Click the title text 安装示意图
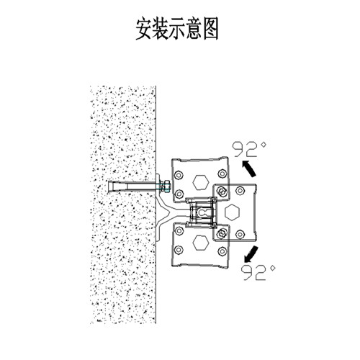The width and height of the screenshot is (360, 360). point(177,28)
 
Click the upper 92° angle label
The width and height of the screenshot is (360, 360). point(250,149)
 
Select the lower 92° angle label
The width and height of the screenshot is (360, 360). point(258,272)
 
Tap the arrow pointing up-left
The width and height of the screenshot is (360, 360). point(248,168)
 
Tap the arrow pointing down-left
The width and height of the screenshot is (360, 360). point(251,254)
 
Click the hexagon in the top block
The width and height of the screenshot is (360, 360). point(201,182)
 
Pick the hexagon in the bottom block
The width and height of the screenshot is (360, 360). point(201,242)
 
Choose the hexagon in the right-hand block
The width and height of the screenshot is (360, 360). point(232,212)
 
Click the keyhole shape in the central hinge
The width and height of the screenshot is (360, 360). point(203,212)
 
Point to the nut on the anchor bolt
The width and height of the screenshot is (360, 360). point(165,186)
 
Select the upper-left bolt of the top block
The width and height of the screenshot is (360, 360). point(179,175)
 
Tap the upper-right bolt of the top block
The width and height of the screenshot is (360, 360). point(222,174)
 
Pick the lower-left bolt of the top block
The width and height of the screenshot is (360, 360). point(179,194)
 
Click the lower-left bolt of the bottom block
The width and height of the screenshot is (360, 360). point(179,250)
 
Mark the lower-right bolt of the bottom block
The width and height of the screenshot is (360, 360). point(222,251)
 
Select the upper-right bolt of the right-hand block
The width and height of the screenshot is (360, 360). point(240,191)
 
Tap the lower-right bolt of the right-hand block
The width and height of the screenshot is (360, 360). point(240,234)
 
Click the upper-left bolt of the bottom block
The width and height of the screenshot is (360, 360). point(179,231)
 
